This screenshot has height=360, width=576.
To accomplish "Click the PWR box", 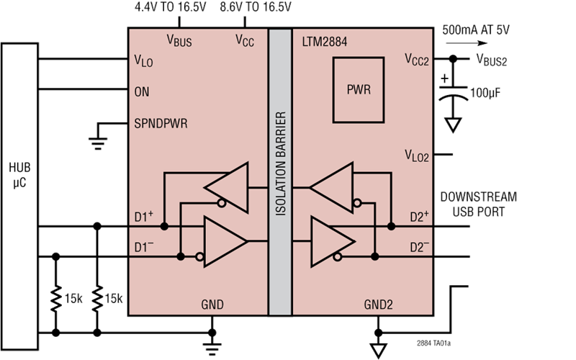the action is (359, 90).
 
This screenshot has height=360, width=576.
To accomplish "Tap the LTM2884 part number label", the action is (325, 42).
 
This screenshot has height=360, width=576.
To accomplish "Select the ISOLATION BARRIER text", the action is (281, 163).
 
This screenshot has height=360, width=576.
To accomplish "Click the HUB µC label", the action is (20, 175).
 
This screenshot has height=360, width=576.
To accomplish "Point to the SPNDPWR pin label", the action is (161, 123).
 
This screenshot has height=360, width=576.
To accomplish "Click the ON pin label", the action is (142, 92).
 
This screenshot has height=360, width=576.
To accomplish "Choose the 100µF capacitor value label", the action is (485, 94).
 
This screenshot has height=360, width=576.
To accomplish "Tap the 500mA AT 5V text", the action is (476, 30).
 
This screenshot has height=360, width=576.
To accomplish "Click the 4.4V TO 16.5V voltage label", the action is (171, 7).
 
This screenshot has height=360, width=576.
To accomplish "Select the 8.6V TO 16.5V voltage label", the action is (256, 7).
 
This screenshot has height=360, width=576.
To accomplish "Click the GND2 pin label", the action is (379, 305).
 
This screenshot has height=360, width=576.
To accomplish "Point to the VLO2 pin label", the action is (417, 156).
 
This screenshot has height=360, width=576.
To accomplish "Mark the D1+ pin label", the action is (143, 217).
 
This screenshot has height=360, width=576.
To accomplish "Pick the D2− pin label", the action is (420, 247).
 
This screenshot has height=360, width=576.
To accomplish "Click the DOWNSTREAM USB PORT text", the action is (479, 204).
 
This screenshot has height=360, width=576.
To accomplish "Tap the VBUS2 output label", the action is (492, 60).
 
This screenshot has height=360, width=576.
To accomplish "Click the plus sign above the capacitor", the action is (445, 78).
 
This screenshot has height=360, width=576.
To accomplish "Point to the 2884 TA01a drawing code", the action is (433, 343).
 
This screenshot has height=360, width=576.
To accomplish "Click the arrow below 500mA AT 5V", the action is (467, 43).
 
